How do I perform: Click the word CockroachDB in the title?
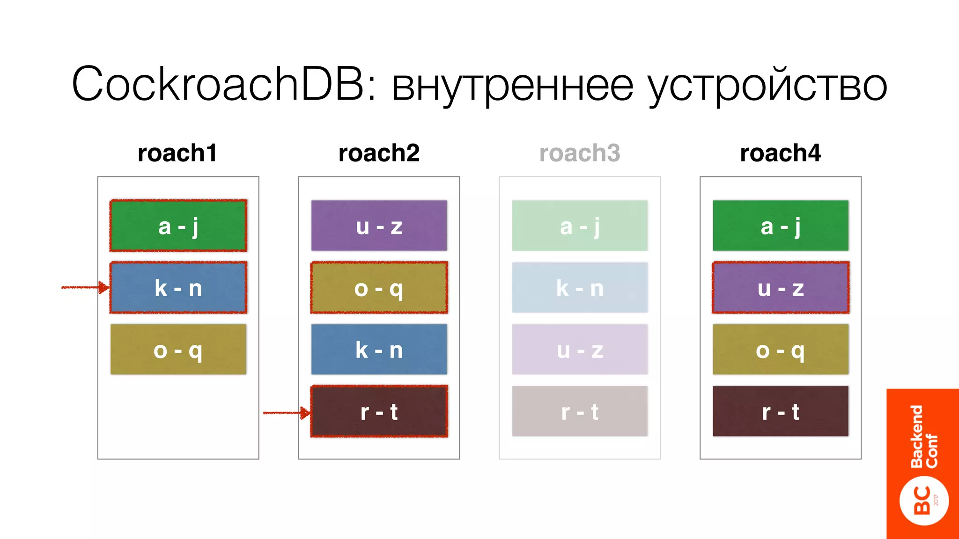218,84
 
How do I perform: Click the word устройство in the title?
767,87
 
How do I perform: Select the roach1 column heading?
177,153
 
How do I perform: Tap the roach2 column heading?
379,153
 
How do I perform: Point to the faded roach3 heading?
580,153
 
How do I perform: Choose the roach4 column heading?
780,153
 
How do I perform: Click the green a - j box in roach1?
178,226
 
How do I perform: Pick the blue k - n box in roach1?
178,288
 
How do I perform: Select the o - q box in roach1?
178,350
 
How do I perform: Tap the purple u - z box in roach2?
379,226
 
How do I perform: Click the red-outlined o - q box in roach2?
379,288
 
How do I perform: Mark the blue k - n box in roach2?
379,350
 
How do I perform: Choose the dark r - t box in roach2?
379,412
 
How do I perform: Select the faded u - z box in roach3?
580,350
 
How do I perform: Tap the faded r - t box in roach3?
580,412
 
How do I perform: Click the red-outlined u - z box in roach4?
781,288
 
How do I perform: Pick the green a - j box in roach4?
781,226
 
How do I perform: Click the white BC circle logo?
924,501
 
